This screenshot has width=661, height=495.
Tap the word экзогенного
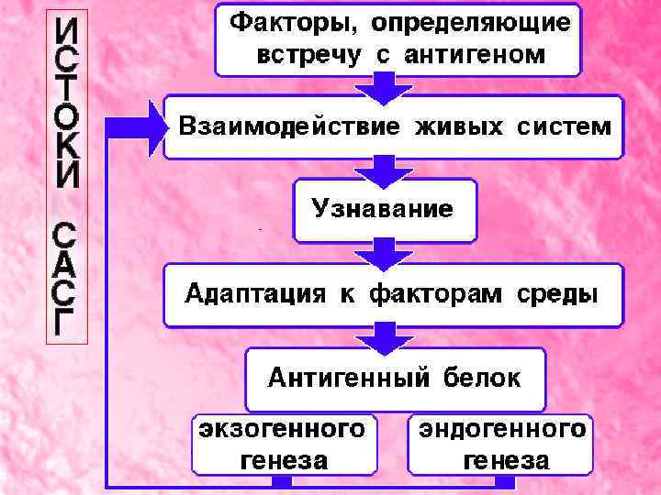[x=283, y=429]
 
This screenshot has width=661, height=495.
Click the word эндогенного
[x=501, y=429]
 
